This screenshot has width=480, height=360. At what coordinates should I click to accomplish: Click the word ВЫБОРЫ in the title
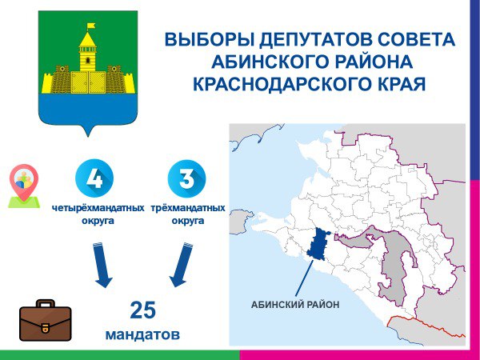pos(210,39)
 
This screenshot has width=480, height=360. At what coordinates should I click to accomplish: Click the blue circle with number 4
pos(94,178)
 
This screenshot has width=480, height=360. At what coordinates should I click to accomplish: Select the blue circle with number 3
pos(186,178)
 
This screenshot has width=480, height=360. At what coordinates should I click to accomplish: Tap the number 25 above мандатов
pos(142,310)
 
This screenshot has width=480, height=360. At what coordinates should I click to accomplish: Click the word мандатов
pos(142,334)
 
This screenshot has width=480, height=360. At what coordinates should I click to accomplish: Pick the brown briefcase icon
pos(46,321)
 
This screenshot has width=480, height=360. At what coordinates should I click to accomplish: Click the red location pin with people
pos(24,186)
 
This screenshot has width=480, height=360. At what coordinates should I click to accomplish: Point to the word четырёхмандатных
pos(98,208)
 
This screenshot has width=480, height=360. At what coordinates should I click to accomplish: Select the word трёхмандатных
pos(188,208)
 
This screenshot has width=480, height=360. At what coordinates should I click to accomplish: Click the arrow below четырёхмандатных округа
pos(102,265)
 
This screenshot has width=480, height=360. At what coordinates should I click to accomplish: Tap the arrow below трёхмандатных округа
pos(182,265)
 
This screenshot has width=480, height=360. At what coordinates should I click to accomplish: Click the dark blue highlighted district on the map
pos(318,245)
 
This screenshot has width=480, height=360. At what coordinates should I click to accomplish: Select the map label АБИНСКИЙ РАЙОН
pos(295,305)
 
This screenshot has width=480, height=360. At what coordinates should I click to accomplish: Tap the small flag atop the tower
pos(90,26)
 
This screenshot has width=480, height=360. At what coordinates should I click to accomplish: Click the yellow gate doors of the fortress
pos(88,82)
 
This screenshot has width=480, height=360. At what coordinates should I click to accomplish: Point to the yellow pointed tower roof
pos(88,39)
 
